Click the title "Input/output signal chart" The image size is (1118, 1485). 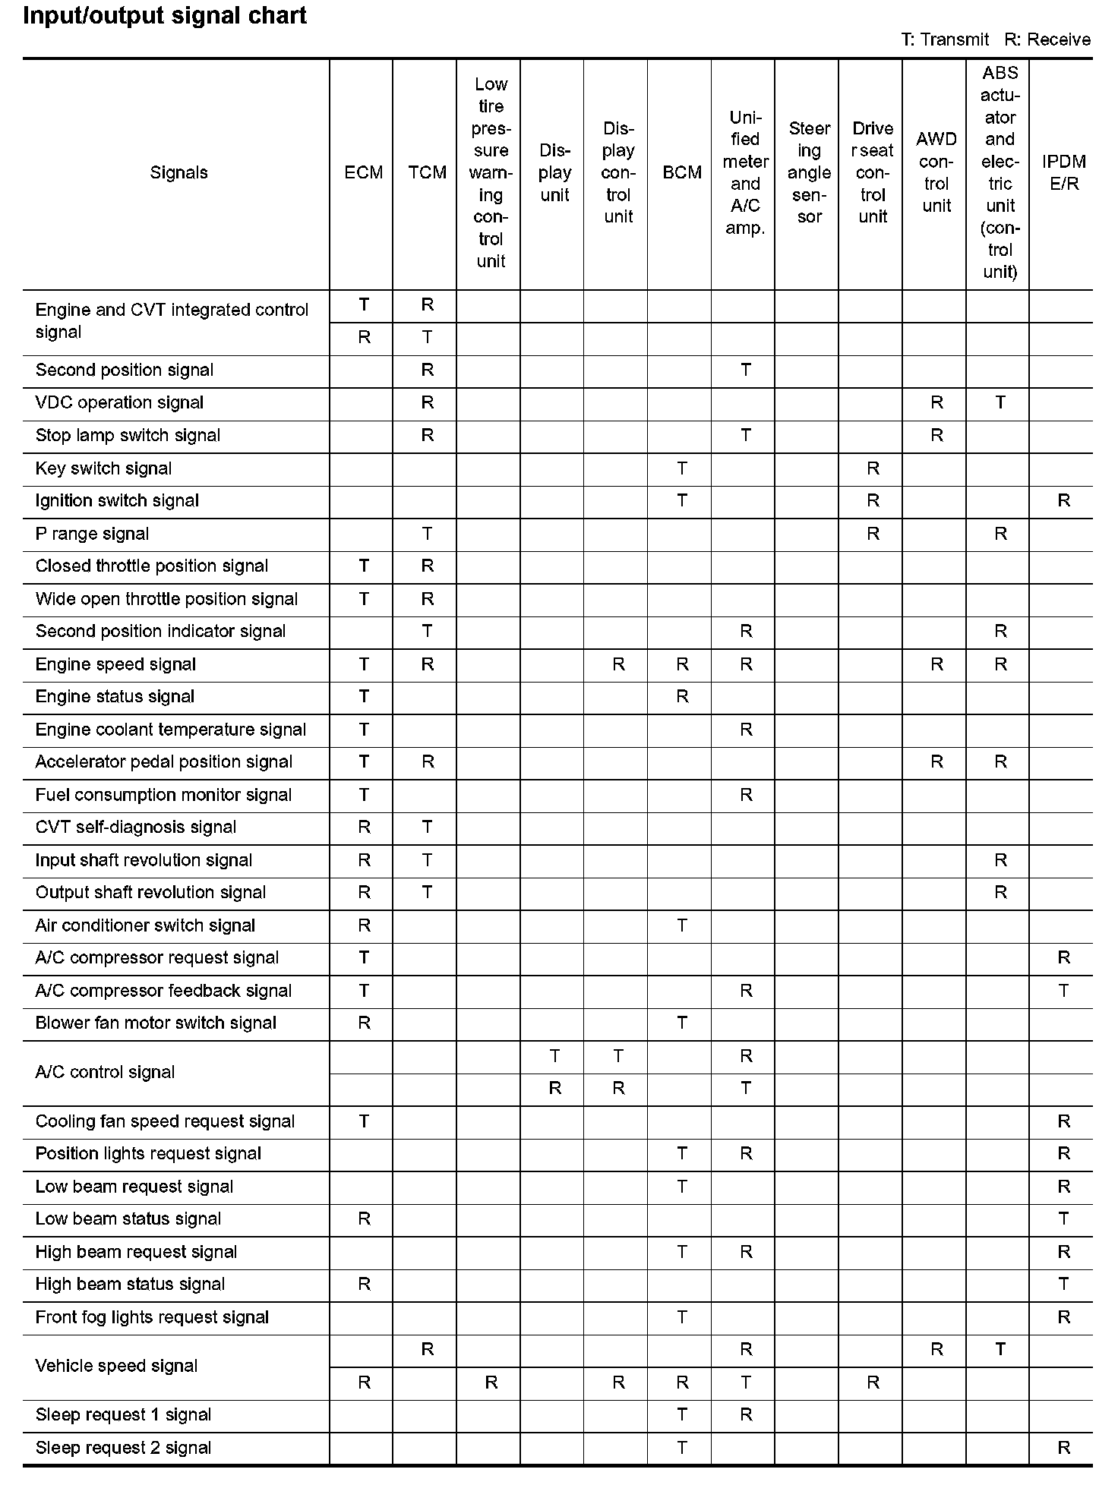pyautogui.click(x=165, y=16)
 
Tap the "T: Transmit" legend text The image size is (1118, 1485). pyautogui.click(x=945, y=40)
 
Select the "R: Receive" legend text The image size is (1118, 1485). pyautogui.click(x=1047, y=40)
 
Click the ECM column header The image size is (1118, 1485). pyautogui.click(x=364, y=173)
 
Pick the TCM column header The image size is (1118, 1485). pyautogui.click(x=427, y=173)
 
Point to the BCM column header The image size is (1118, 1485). pyautogui.click(x=682, y=173)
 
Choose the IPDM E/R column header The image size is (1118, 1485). pyautogui.click(x=1064, y=173)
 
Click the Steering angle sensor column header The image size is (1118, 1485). pyautogui.click(x=809, y=173)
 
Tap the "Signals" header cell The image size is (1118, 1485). pyautogui.click(x=178, y=173)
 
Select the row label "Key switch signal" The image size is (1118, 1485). pyautogui.click(x=103, y=469)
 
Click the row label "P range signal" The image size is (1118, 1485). pyautogui.click(x=92, y=534)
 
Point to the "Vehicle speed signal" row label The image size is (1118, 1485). pyautogui.click(x=116, y=1367)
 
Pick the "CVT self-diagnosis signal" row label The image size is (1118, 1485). pyautogui.click(x=136, y=828)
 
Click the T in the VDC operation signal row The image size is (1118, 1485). pyautogui.click(x=1000, y=403)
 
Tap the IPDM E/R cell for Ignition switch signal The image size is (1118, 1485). pyautogui.click(x=1064, y=501)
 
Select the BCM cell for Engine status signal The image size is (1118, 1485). pyautogui.click(x=682, y=697)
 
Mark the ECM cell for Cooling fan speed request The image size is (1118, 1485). pyautogui.click(x=364, y=1121)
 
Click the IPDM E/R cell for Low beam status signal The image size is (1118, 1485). pyautogui.click(x=1064, y=1219)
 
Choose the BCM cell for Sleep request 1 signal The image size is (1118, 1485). pyautogui.click(x=682, y=1415)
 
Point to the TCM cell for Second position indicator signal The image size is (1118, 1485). pyautogui.click(x=427, y=632)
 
